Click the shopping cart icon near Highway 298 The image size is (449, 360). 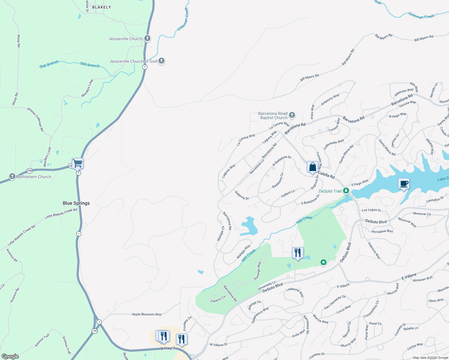coord(77,163)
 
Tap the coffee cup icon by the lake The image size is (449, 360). coord(404,184)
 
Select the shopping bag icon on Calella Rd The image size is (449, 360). coord(312,167)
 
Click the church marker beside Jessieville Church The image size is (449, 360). coord(147,38)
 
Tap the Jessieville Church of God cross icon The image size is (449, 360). coord(161,61)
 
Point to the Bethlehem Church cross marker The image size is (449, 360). coord(12,176)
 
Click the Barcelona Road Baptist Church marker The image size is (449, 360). coord(292,115)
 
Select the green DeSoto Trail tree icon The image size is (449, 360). coord(346,190)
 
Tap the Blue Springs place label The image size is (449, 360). coord(76,203)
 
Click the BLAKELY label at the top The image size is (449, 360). coord(101,7)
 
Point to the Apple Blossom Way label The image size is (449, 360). coord(147,314)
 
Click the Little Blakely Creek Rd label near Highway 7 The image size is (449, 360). coord(61,214)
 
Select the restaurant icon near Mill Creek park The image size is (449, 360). coord(298,253)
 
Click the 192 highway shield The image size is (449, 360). coord(95,331)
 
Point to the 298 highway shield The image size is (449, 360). coord(29,171)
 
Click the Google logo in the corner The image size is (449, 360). coord(10,356)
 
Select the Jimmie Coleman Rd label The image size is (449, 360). coord(36,119)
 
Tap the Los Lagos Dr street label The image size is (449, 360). coord(371,210)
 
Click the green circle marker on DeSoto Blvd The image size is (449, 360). coord(323,262)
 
